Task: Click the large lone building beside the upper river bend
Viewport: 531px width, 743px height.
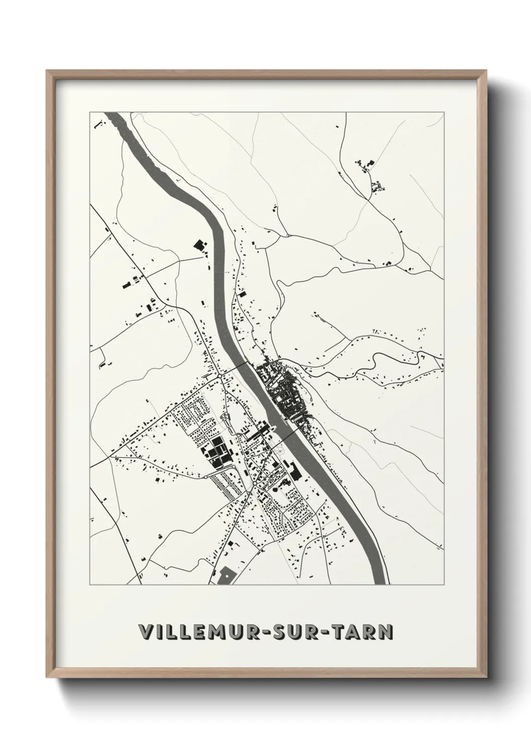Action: [200, 245]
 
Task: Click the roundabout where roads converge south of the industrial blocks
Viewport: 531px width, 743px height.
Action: [255, 485]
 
